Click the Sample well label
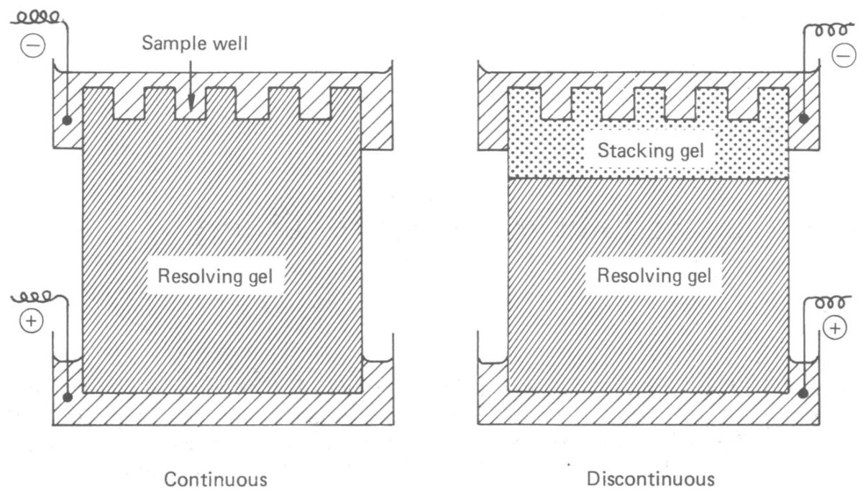195,43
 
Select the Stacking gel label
650,151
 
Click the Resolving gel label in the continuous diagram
215,276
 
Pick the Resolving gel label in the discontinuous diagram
654,276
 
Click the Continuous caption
215,480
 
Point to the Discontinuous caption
650,480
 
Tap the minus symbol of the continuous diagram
33,45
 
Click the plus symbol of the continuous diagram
31,321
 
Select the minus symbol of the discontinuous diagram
843,56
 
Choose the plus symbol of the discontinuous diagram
835,329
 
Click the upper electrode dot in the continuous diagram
67,121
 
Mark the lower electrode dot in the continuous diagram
68,397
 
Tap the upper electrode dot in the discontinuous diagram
804,119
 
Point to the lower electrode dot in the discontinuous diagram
803,393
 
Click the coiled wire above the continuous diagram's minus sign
39,18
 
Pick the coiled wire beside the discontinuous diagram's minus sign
828,30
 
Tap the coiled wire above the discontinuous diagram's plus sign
828,302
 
